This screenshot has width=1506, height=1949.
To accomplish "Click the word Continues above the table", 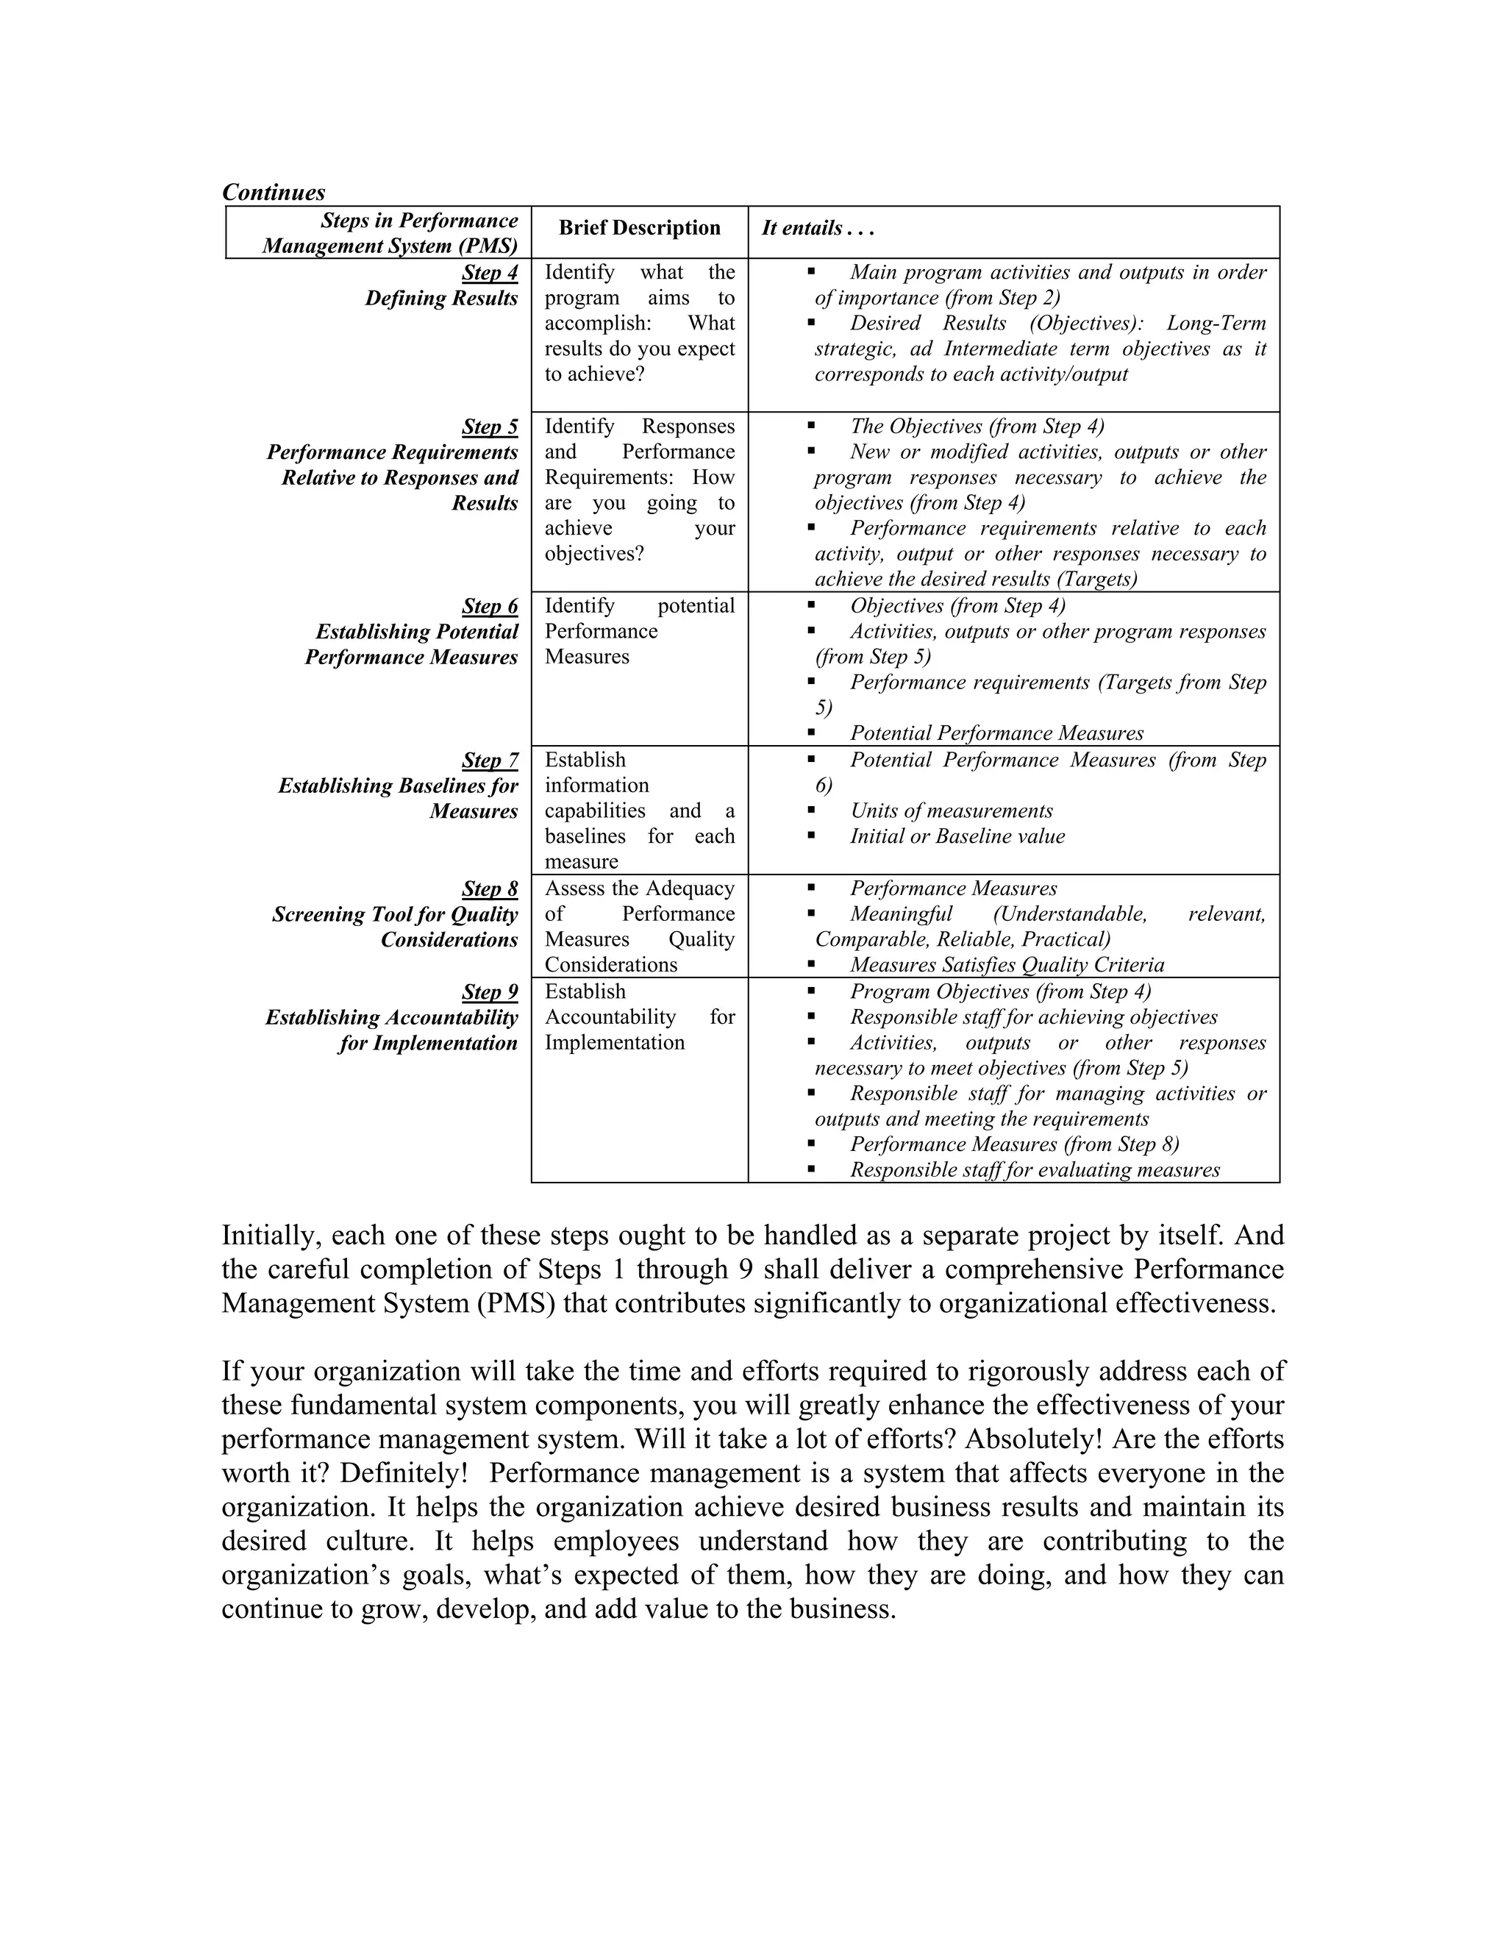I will (x=273, y=192).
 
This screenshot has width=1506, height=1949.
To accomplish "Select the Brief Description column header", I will (x=639, y=229).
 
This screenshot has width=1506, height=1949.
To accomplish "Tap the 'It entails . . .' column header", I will (x=817, y=229).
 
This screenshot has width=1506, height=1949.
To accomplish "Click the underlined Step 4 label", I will (x=489, y=272).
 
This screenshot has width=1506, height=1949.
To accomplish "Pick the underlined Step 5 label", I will (x=489, y=427).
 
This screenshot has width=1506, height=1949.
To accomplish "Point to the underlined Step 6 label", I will (x=489, y=606).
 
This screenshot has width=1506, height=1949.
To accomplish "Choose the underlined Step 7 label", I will (x=489, y=760).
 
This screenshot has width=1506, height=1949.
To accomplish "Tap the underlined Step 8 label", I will (x=489, y=889).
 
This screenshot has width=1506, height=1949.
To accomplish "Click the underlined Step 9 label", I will (x=489, y=991).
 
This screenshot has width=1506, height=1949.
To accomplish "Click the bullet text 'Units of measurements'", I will (x=951, y=811).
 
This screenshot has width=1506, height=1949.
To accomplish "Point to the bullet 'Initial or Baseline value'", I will (x=957, y=836).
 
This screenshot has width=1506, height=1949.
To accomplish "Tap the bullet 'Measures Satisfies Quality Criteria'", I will (x=1007, y=965).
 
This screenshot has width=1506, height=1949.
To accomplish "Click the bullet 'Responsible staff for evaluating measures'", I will (x=1034, y=1170).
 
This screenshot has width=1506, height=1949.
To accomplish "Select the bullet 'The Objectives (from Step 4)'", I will (x=977, y=427).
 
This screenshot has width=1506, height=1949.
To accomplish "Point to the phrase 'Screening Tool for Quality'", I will (x=394, y=915).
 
